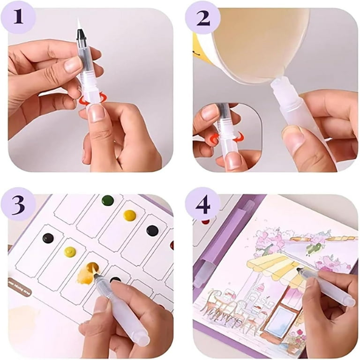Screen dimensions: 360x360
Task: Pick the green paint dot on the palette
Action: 108,200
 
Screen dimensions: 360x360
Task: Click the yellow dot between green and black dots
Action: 130,215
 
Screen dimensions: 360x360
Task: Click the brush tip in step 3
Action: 97,277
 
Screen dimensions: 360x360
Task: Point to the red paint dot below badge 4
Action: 205,221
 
